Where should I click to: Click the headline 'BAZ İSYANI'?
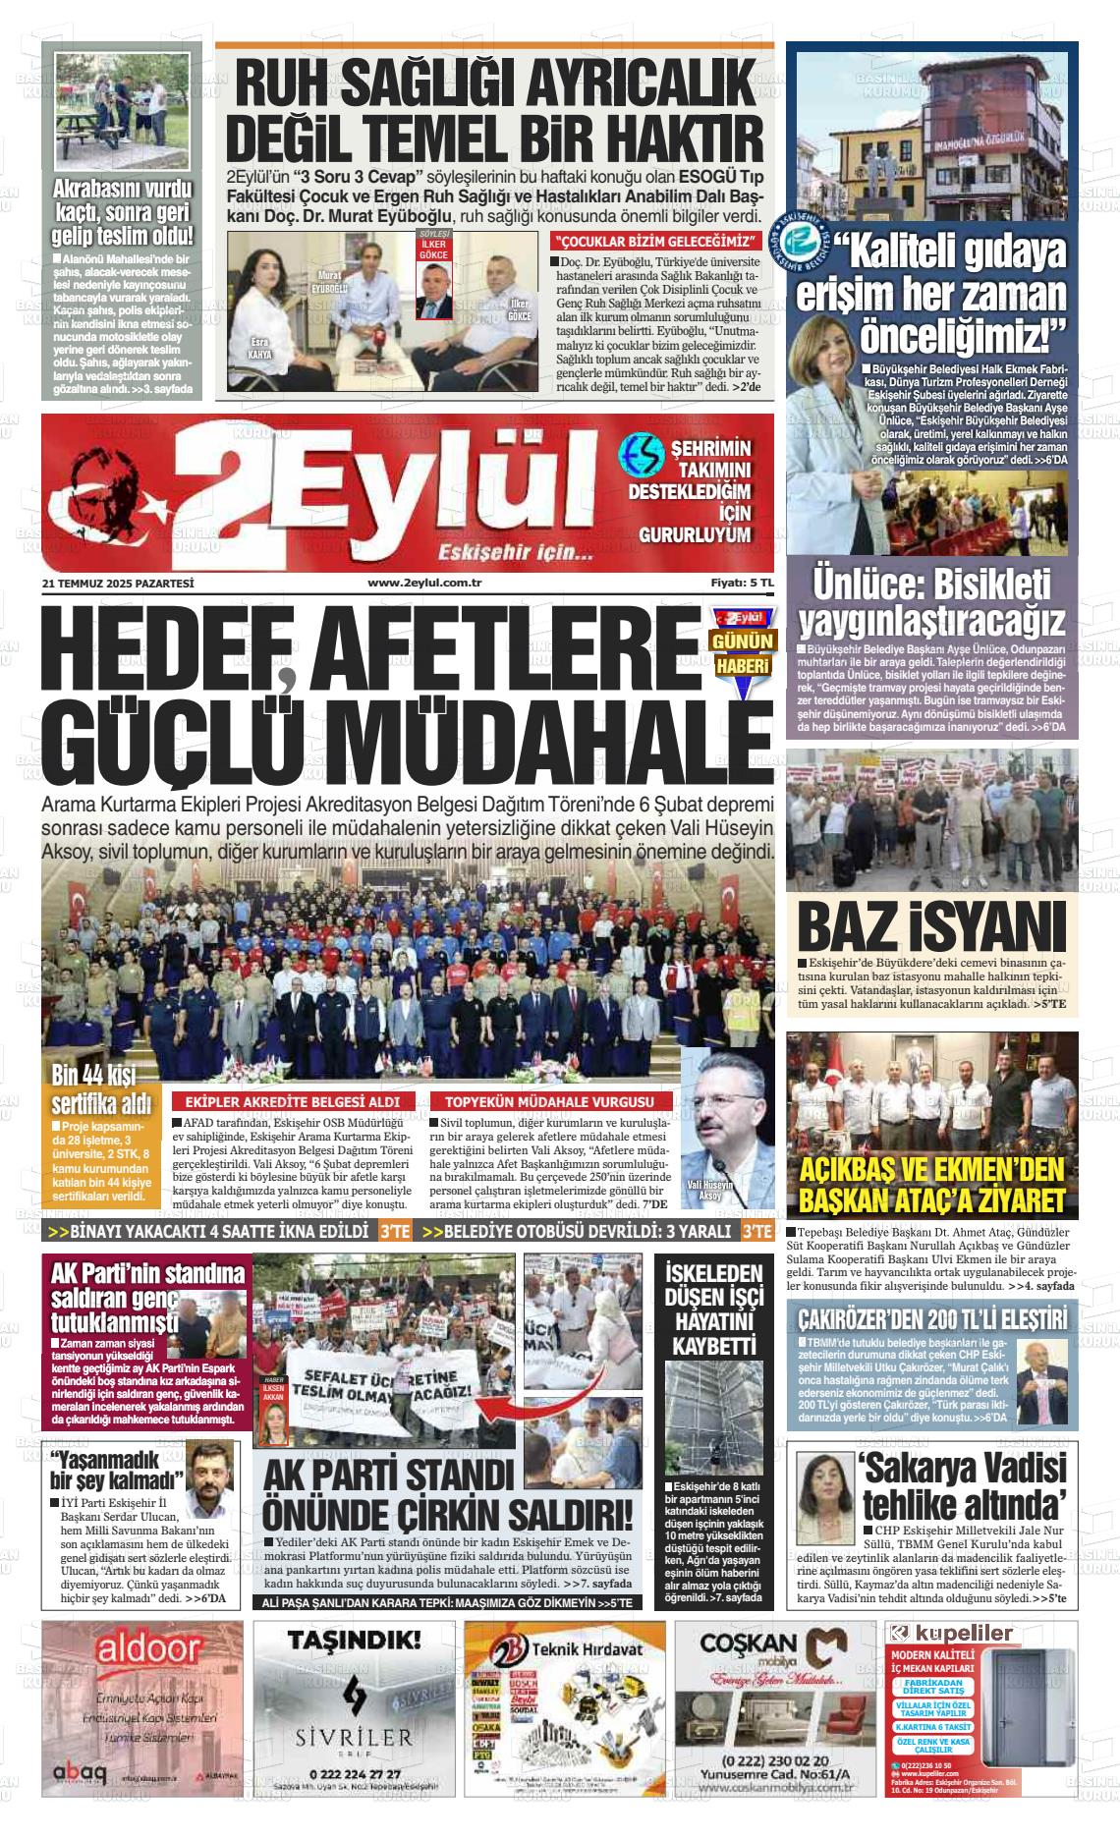(931, 925)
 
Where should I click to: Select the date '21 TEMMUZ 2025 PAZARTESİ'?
(118, 584)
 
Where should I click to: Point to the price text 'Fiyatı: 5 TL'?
(743, 584)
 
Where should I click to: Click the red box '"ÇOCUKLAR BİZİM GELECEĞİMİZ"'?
(656, 242)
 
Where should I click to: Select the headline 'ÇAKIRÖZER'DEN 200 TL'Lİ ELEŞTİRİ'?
(931, 1316)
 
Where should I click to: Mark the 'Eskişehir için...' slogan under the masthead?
(516, 550)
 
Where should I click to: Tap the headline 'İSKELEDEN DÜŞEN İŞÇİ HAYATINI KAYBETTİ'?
(713, 1310)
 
